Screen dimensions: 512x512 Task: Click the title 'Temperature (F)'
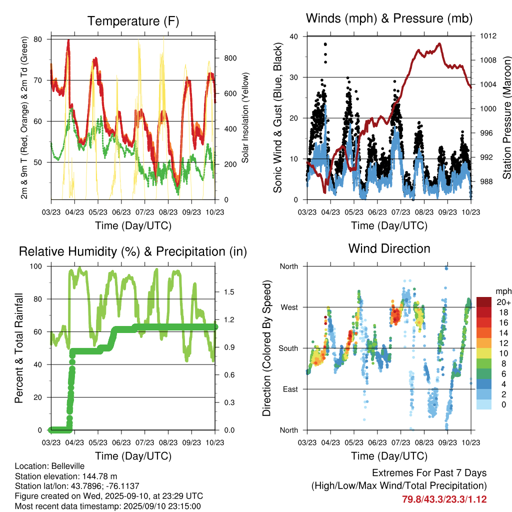(x=133, y=21)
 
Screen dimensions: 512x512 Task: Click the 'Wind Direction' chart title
(x=389, y=248)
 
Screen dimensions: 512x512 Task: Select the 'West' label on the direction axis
(x=288, y=307)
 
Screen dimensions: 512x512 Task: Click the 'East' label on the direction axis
(x=289, y=389)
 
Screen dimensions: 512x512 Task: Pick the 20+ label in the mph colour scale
(x=503, y=302)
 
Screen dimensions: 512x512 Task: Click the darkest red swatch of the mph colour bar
(x=483, y=302)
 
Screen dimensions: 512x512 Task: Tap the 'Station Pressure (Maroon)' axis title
(x=506, y=118)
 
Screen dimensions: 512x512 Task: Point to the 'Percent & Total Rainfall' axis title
(x=19, y=348)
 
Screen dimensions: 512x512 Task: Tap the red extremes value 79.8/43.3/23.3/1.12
(x=444, y=499)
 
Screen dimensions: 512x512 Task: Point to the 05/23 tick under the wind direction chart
(x=354, y=442)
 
